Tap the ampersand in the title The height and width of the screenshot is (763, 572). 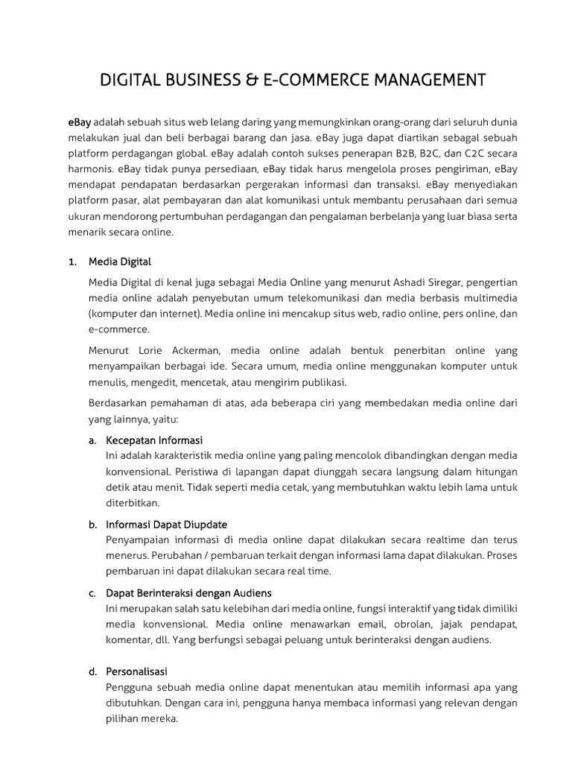pyautogui.click(x=255, y=80)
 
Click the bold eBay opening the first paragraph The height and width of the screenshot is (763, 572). pyautogui.click(x=79, y=121)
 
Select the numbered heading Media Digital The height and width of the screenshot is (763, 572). pyautogui.click(x=119, y=262)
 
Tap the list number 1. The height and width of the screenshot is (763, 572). pyautogui.click(x=71, y=262)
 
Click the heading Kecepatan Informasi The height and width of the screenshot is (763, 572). pyautogui.click(x=154, y=440)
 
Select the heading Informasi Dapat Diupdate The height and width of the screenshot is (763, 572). pyautogui.click(x=167, y=525)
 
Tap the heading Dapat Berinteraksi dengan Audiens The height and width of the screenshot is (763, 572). pyautogui.click(x=189, y=592)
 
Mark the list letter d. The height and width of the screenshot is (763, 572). pyautogui.click(x=93, y=671)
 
